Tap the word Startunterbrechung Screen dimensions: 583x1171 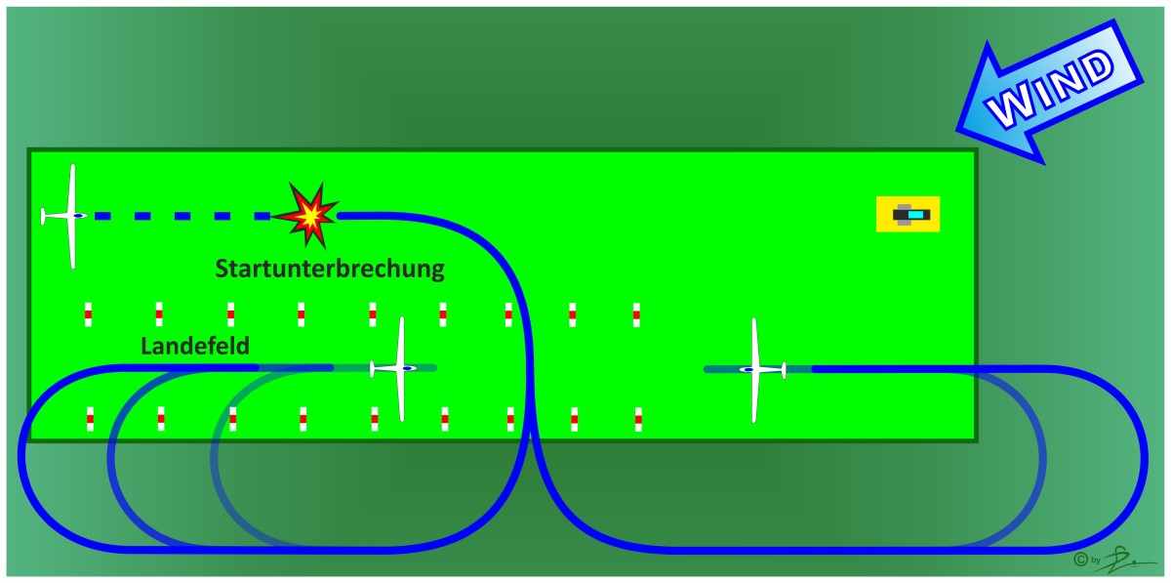pyautogui.click(x=330, y=269)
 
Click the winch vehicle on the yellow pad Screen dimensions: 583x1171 pyautogui.click(x=909, y=214)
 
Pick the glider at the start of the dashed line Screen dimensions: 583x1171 pyautogui.click(x=70, y=216)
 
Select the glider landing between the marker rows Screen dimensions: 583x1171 pyautogui.click(x=400, y=368)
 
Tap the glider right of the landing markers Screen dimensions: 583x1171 pyautogui.click(x=754, y=369)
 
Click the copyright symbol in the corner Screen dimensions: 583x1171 pyautogui.click(x=1079, y=560)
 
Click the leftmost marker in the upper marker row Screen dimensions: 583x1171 pyautogui.click(x=88, y=314)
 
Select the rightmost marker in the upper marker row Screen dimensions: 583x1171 pyautogui.click(x=636, y=314)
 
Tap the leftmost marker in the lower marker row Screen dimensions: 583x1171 pyautogui.click(x=90, y=418)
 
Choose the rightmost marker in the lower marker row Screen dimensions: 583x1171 pyautogui.click(x=638, y=418)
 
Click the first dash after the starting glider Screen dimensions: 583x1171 pyautogui.click(x=102, y=216)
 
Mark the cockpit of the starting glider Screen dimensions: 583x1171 pyautogui.click(x=79, y=216)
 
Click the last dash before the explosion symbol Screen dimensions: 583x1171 pyautogui.click(x=261, y=216)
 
